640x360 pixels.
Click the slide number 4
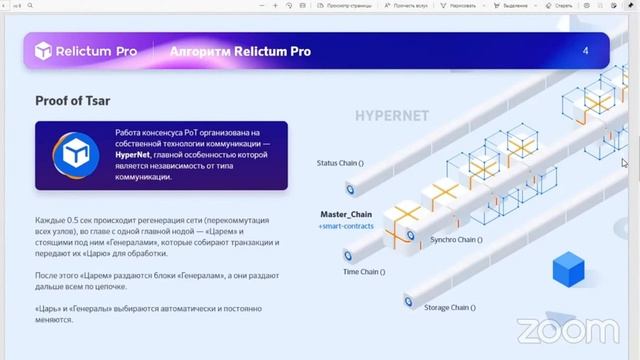coord(585,51)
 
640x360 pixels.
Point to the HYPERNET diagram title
coord(391,116)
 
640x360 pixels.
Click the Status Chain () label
coord(341,162)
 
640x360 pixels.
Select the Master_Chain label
coord(346,214)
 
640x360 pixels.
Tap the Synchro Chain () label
coord(456,240)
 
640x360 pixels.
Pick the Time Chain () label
coord(366,271)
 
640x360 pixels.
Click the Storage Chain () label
coord(454,308)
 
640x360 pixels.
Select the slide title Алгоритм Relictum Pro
coord(240,51)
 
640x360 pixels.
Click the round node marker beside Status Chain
coord(351,188)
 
